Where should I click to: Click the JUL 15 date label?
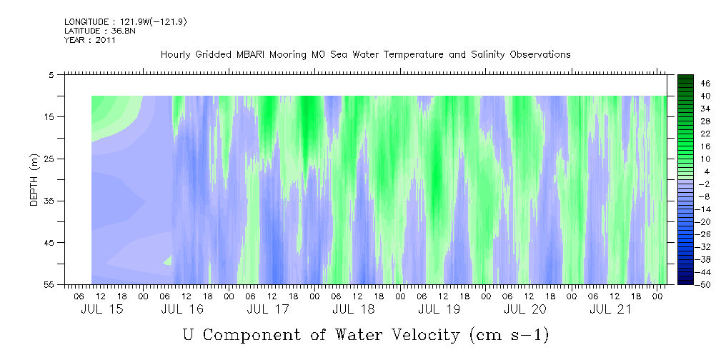pyautogui.click(x=102, y=309)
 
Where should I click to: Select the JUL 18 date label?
pyautogui.click(x=353, y=309)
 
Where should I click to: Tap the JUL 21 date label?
pyautogui.click(x=610, y=309)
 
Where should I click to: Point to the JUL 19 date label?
pyautogui.click(x=439, y=309)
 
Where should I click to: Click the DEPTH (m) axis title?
pyautogui.click(x=35, y=180)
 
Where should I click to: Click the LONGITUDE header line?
pyautogui.click(x=126, y=21)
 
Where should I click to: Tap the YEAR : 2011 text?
pyautogui.click(x=90, y=40)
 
